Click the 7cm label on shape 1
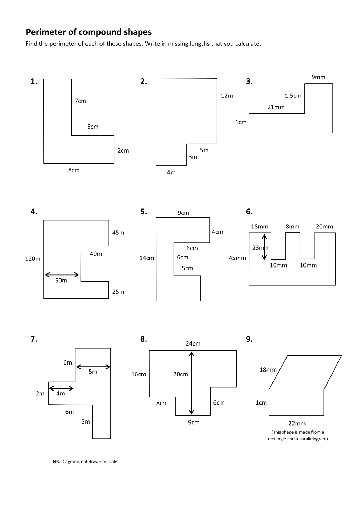81,101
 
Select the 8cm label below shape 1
74,170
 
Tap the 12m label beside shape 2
227,96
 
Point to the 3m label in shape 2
193,157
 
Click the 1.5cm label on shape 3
293,96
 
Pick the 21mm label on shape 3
276,107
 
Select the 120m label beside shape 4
33,259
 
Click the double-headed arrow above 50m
62,275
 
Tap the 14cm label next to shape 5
147,258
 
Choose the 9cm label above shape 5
184,213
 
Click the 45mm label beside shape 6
237,258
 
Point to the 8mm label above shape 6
292,227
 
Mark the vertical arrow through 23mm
264,247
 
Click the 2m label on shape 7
40,394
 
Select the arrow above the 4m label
62,388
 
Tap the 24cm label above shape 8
193,343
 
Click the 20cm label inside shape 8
181,374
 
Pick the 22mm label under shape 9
297,423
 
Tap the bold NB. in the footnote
57,462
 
